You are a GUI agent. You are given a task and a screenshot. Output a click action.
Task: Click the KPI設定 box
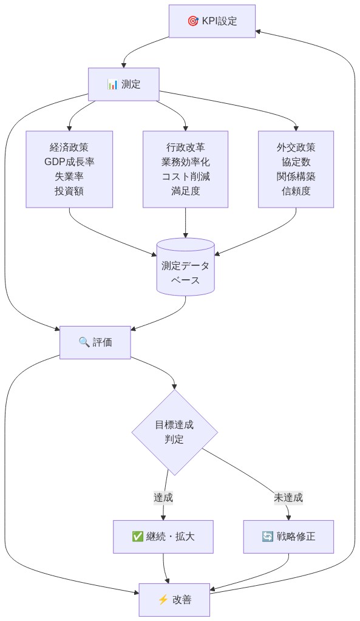(x=212, y=21)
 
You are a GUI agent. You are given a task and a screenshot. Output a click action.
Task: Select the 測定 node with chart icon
(x=124, y=84)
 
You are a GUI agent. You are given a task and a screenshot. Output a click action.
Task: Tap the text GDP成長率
(x=69, y=162)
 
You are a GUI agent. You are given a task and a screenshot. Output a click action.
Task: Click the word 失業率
(x=69, y=177)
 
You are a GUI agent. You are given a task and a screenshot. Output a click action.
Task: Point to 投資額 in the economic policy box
(x=69, y=191)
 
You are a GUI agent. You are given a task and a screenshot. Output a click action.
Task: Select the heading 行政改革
(x=185, y=148)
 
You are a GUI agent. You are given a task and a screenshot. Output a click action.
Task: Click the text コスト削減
(x=185, y=177)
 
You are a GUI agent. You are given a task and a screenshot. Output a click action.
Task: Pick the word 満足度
(x=185, y=191)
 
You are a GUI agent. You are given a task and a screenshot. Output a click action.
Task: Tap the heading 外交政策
(x=296, y=148)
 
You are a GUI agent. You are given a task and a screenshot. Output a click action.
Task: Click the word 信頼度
(x=296, y=191)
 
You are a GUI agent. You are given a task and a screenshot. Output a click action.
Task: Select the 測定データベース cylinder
(x=185, y=267)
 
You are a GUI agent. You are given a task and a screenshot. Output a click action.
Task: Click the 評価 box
(x=95, y=342)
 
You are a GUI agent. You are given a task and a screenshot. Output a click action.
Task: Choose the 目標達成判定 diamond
(x=174, y=432)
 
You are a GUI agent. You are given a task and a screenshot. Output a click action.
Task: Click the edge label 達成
(x=163, y=497)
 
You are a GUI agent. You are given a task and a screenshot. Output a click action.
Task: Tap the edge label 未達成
(x=288, y=497)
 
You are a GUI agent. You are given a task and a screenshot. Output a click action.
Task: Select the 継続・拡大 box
(x=163, y=537)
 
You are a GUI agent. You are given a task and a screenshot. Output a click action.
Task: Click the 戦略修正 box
(x=288, y=537)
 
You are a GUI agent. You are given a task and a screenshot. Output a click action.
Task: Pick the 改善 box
(x=174, y=600)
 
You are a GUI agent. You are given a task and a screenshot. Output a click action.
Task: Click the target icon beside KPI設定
(x=193, y=21)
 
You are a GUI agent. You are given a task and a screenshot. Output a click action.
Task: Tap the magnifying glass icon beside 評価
(x=84, y=342)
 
